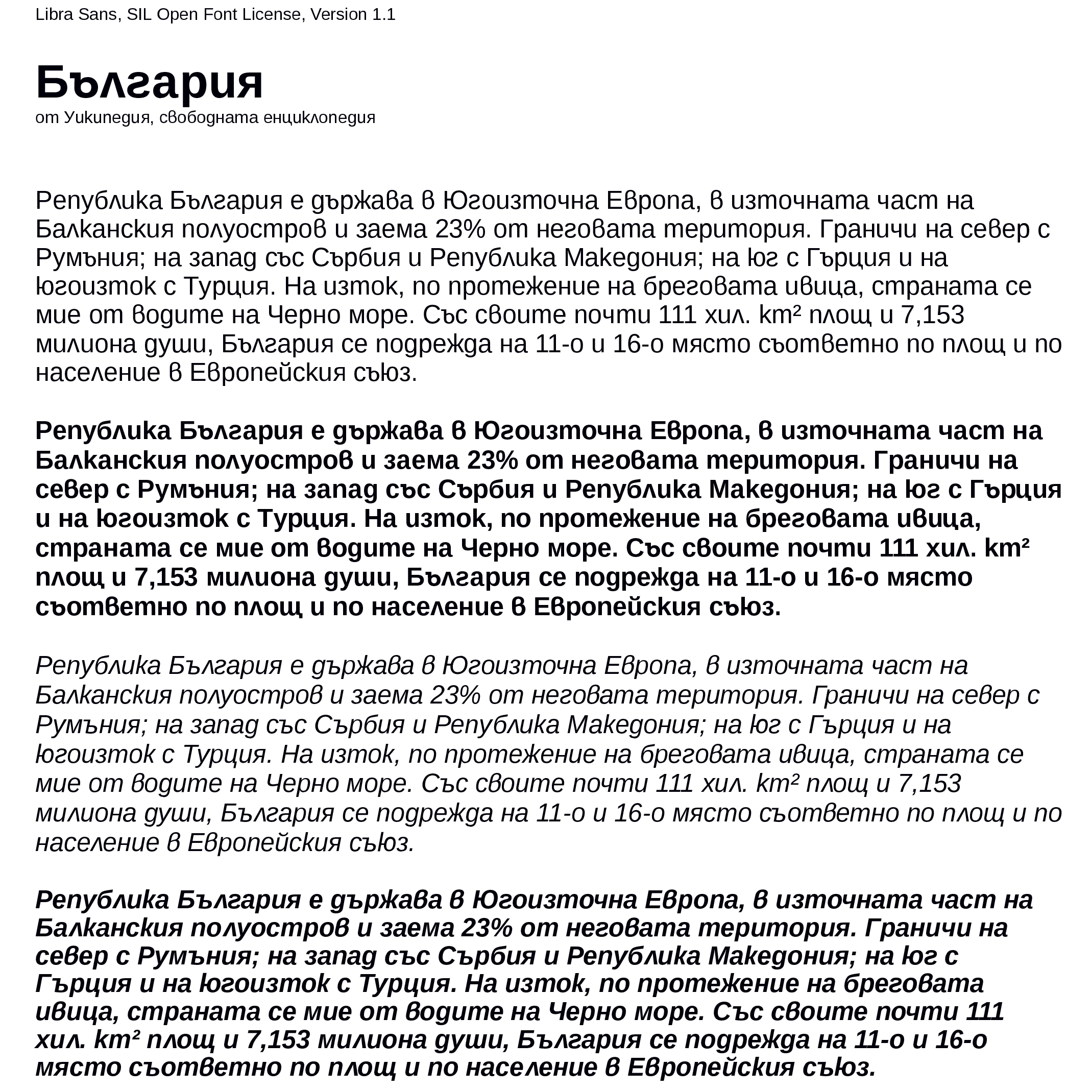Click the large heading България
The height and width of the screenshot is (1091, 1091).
(149, 82)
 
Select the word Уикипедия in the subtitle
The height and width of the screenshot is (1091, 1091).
(107, 117)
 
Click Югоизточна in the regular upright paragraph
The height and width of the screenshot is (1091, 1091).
(520, 201)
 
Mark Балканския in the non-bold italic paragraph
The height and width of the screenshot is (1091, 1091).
(103, 695)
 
